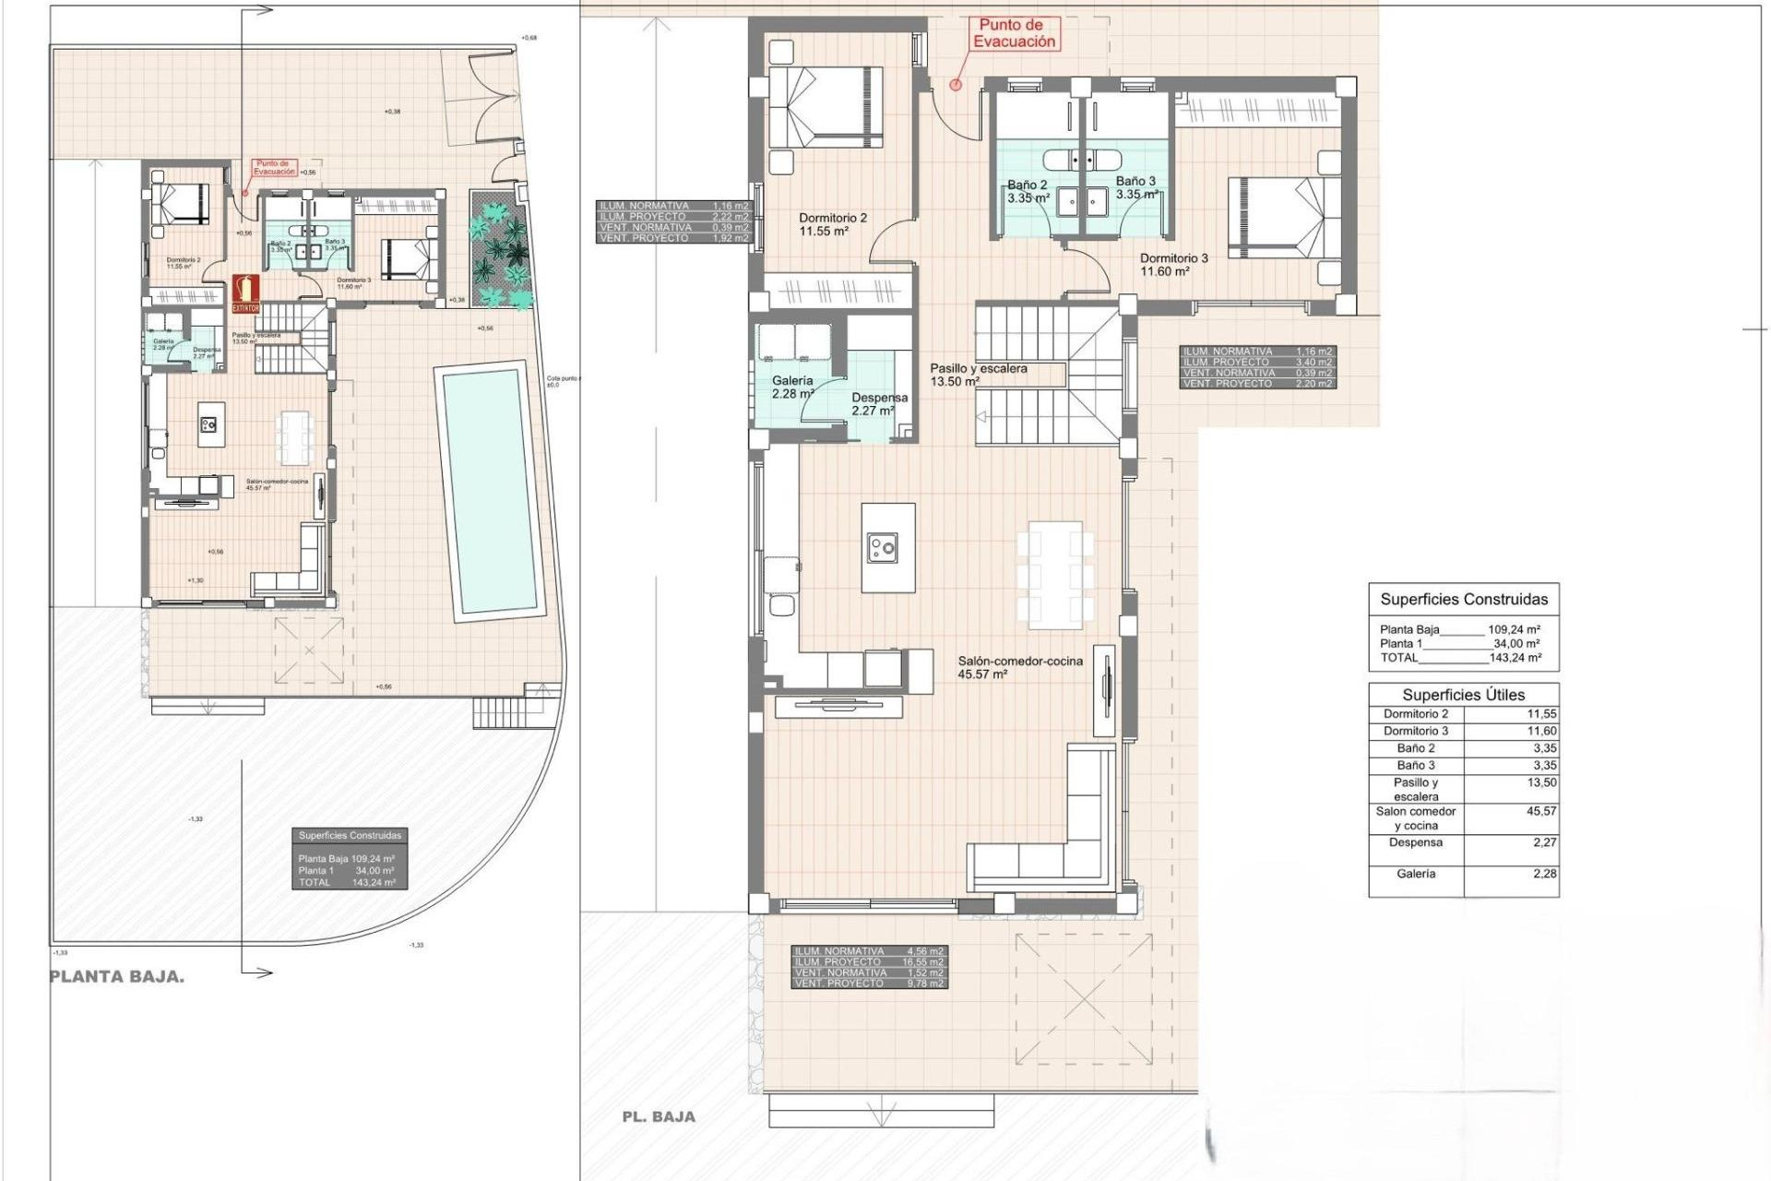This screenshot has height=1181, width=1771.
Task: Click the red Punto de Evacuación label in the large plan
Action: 1014,34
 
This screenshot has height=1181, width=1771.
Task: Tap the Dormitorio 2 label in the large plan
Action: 832,224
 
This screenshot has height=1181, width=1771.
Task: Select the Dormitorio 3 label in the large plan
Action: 1173,265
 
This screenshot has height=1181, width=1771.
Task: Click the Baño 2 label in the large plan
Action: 1028,191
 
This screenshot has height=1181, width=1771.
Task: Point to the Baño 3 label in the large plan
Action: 1135,187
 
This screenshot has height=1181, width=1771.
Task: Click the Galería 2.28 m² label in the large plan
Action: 792,387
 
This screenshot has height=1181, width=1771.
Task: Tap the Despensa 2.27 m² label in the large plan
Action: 878,404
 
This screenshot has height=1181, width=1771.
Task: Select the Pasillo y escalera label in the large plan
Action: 978,374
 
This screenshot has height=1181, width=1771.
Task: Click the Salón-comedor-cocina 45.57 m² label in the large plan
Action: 1019,667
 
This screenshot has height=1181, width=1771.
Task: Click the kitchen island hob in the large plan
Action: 882,549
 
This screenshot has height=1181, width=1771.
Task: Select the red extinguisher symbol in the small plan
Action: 245,293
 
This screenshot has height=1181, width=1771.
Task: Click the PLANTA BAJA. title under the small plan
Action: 117,977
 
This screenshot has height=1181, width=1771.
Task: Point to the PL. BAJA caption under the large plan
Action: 659,1116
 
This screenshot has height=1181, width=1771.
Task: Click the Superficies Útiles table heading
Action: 1463,695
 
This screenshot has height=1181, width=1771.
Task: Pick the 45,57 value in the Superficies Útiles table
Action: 1540,811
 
